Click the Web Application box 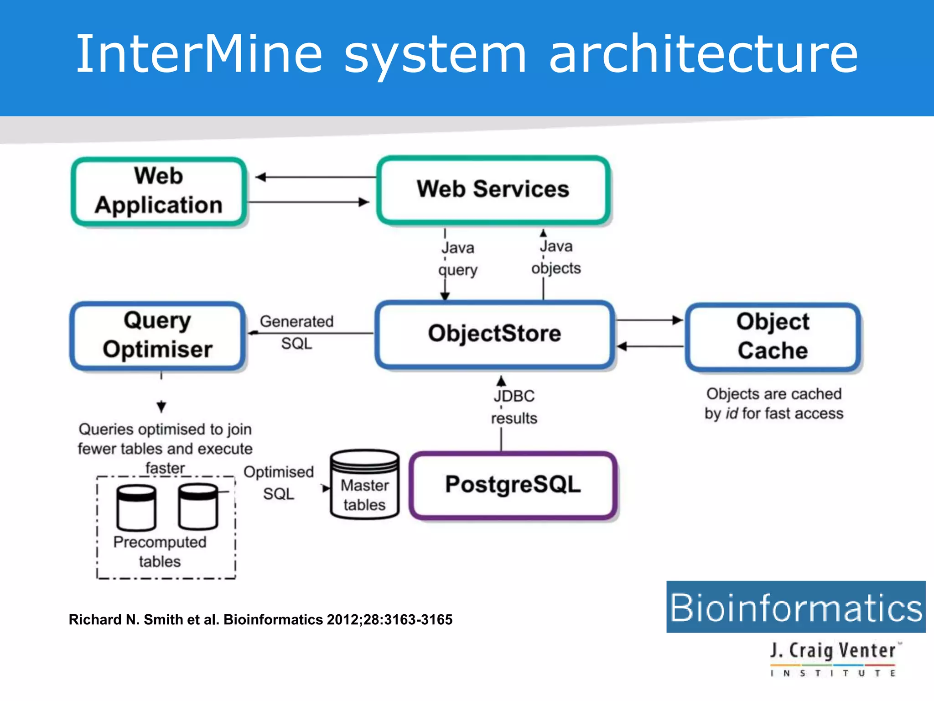[x=159, y=191]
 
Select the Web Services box [x=493, y=189]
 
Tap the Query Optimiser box [x=158, y=335]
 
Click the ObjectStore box [x=494, y=334]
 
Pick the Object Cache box [x=773, y=336]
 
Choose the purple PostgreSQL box [x=513, y=485]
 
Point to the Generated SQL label [x=297, y=332]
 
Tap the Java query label [x=458, y=259]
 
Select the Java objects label [x=556, y=257]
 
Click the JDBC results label [x=514, y=407]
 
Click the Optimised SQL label [x=279, y=483]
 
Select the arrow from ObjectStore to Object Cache [x=649, y=320]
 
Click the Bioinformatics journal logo [x=796, y=607]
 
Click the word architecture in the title [x=704, y=55]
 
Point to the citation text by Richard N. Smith [x=260, y=620]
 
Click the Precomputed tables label [x=160, y=551]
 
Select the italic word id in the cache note [x=732, y=413]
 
